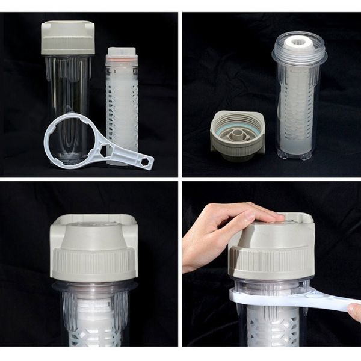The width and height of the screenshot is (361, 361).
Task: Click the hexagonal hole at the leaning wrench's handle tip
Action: click(145, 162)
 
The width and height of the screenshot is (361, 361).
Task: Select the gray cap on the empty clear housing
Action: click(68, 37)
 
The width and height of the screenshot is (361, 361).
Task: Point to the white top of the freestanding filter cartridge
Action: click(122, 51)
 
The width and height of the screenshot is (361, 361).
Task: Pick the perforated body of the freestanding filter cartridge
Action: click(122, 108)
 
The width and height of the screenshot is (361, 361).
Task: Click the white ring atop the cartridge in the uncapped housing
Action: click(298, 43)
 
